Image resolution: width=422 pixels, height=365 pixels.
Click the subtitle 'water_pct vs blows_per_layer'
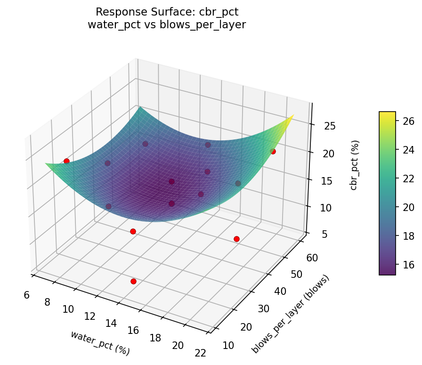coord(167,25)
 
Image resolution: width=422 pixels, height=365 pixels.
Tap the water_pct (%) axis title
coord(100,342)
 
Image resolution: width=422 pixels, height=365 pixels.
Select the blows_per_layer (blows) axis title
coord(291,314)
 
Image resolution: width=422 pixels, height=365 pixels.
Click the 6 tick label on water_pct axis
coord(26,295)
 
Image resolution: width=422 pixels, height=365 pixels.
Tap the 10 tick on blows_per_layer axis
coord(228,345)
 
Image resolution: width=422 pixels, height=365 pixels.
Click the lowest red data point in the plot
coord(133,281)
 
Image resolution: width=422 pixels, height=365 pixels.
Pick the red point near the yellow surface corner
coord(273,151)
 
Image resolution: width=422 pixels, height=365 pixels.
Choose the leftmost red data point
coord(66,161)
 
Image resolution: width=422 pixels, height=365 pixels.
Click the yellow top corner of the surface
coord(292,116)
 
